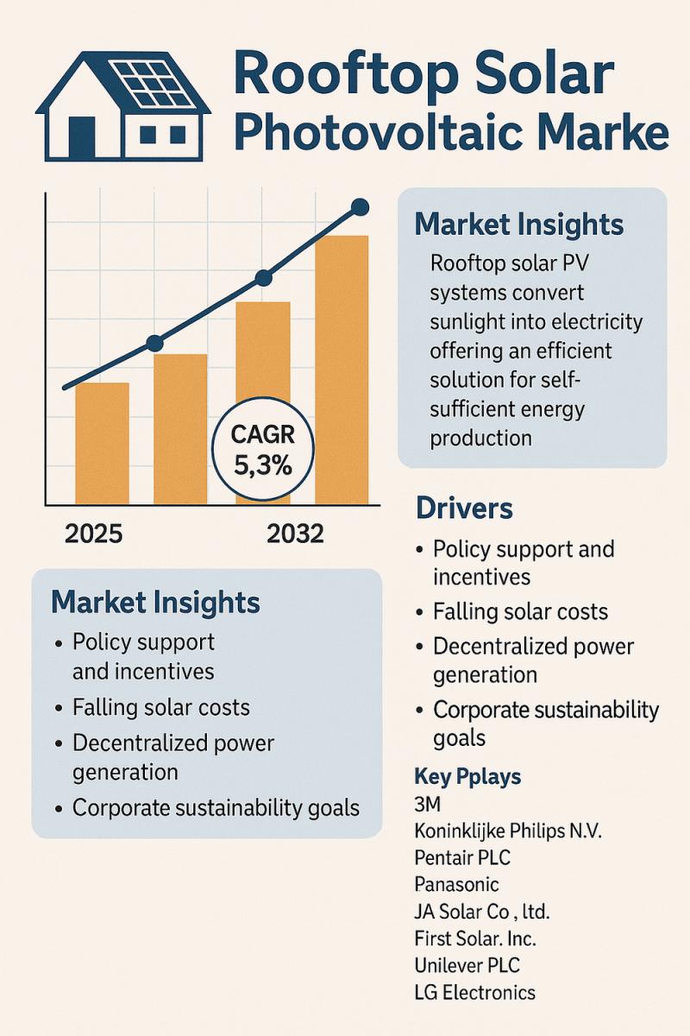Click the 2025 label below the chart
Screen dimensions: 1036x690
coord(93,534)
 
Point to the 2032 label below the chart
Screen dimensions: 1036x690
coord(295,534)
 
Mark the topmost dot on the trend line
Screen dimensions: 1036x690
coord(361,207)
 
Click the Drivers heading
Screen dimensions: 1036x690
coord(464,508)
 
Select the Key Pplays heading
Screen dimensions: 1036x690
coord(467,777)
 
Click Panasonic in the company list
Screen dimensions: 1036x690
coord(456,885)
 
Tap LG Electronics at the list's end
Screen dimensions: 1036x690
coord(474,992)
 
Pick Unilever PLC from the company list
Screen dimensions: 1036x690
coord(467,965)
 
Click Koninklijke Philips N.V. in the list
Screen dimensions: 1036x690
coord(507,831)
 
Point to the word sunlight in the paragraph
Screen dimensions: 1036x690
coord(466,322)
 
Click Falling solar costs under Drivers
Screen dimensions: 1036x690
coord(520,612)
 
